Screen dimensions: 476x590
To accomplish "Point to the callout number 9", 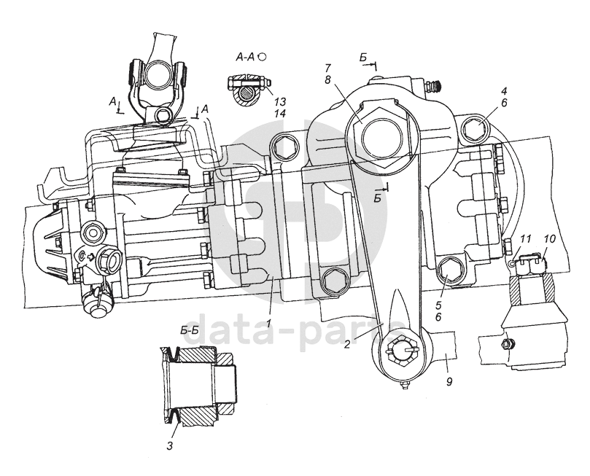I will [449, 381].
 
